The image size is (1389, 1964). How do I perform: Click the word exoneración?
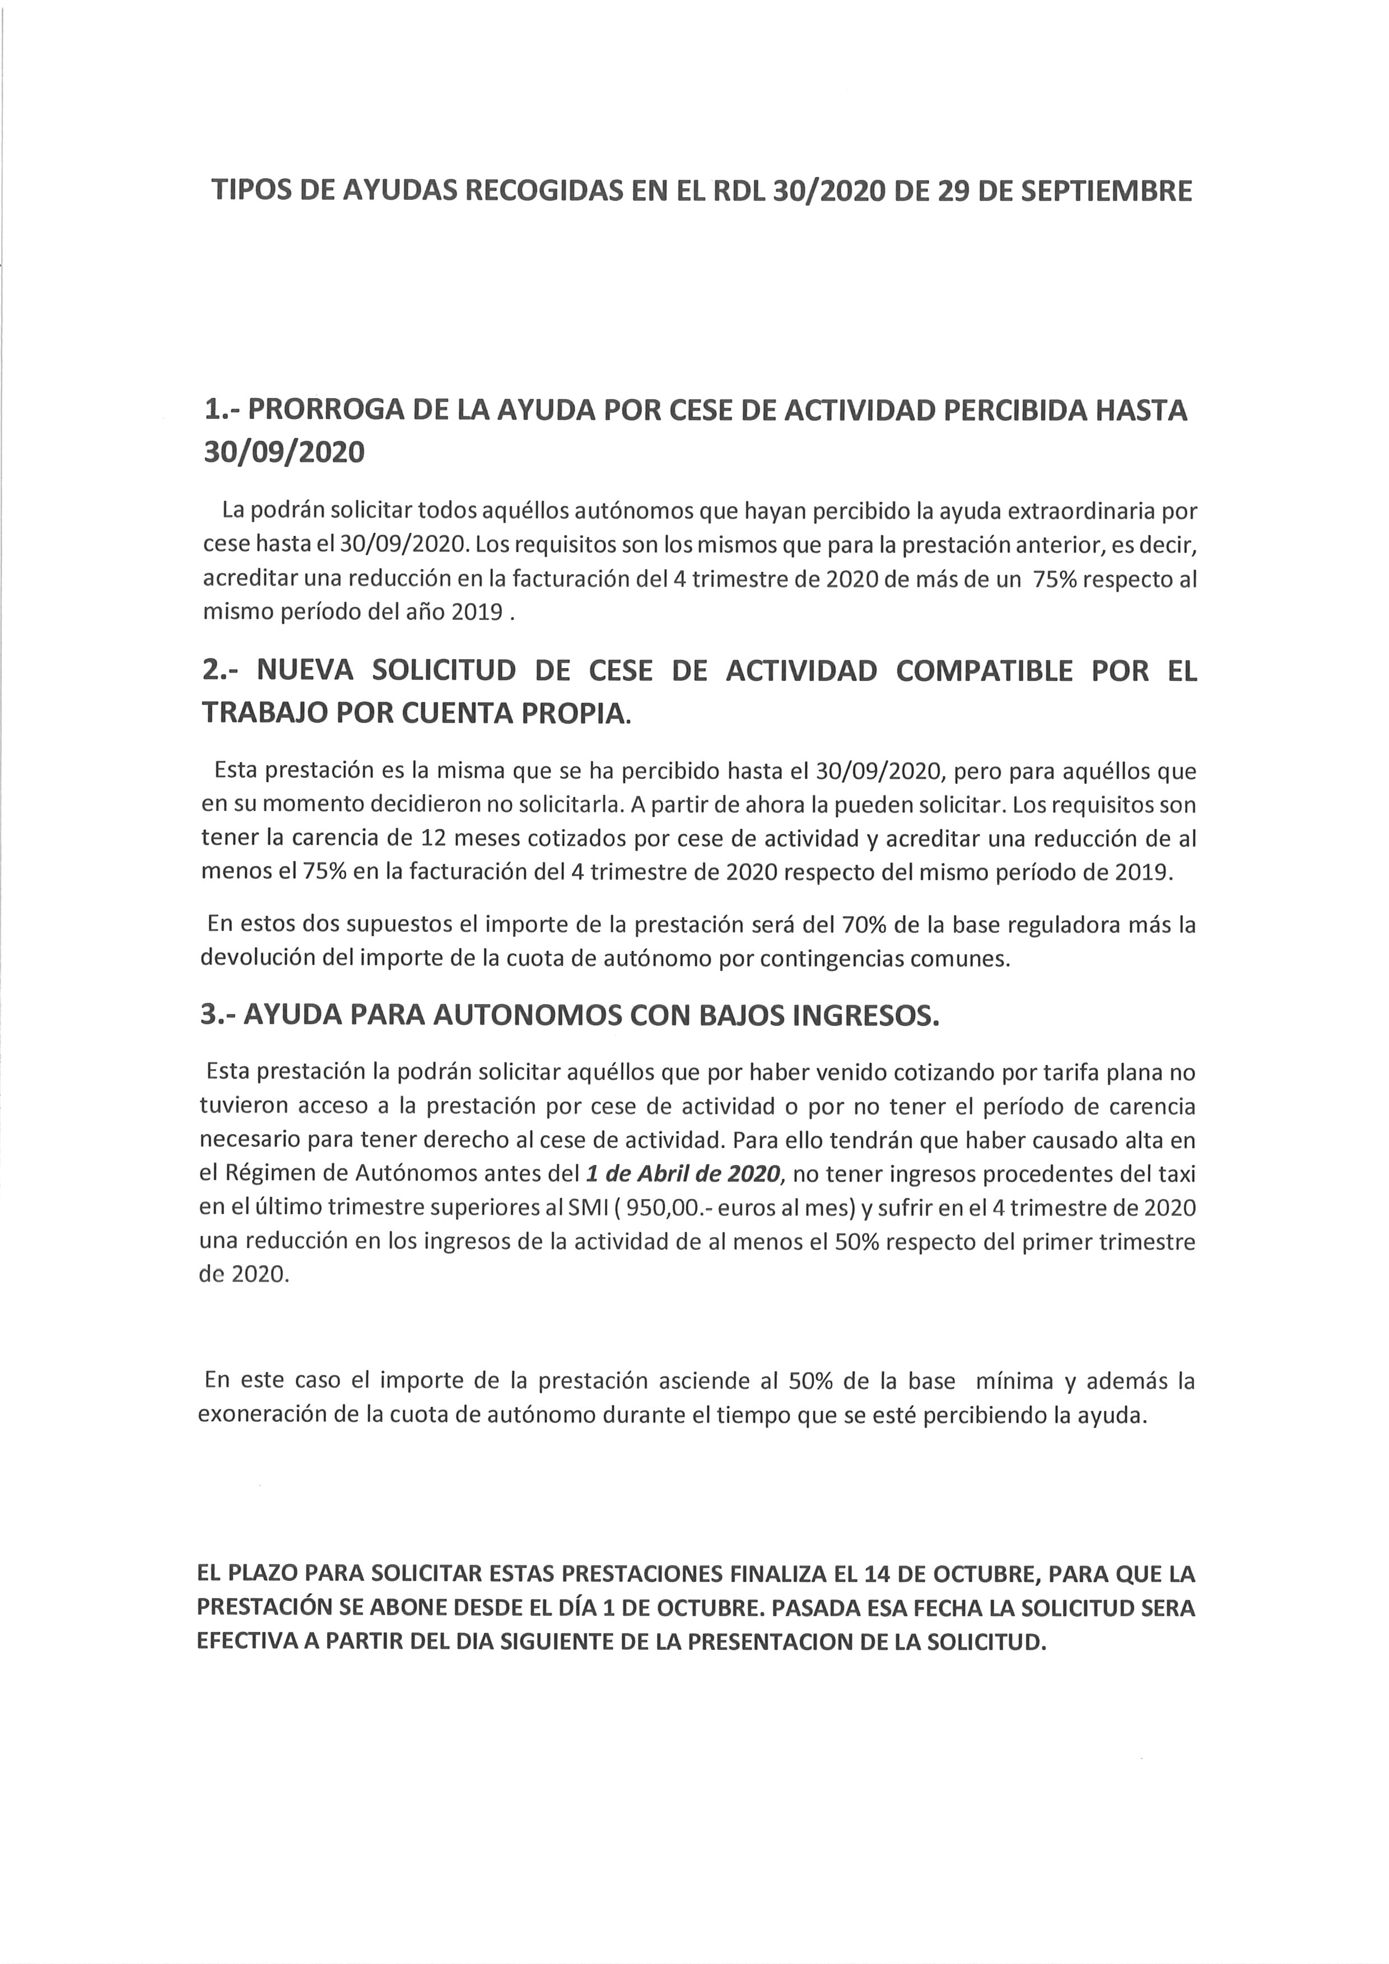[274, 1415]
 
